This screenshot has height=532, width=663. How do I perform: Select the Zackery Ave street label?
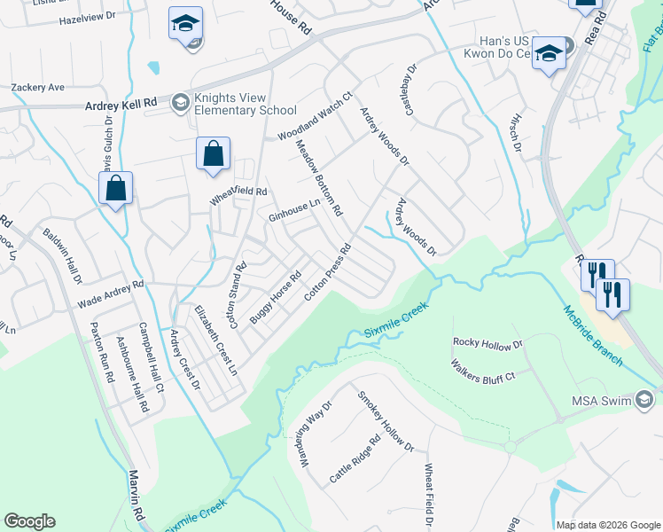coord(38,88)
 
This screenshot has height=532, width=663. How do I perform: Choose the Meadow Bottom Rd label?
coord(318,178)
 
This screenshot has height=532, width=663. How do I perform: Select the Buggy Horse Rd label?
coord(277,296)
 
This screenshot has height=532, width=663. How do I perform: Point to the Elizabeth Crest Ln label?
coord(217,339)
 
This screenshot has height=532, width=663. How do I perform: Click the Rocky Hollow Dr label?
coord(488,342)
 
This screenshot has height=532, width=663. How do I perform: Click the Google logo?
coord(29,521)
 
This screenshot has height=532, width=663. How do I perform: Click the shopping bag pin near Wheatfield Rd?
coord(214,154)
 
